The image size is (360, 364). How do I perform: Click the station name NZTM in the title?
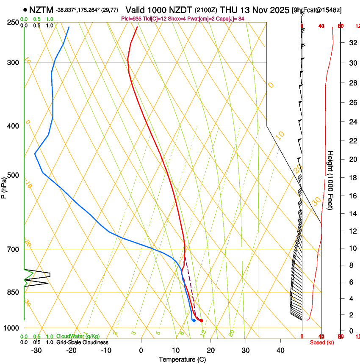[x=41, y=10]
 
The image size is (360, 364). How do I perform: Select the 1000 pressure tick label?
[x=11, y=328]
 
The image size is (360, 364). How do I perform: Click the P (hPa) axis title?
[x=4, y=187]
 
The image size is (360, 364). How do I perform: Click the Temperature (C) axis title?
[x=182, y=359]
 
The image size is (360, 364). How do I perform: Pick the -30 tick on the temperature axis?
[x=36, y=350]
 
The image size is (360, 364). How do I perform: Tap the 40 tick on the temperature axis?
[x=280, y=350]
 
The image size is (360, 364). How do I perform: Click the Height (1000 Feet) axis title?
[x=331, y=180]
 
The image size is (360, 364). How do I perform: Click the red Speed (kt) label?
[x=321, y=342]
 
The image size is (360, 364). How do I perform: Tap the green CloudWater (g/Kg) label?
[x=78, y=336]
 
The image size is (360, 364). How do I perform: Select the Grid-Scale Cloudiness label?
[x=82, y=342]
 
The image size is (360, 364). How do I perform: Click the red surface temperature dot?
[x=201, y=320]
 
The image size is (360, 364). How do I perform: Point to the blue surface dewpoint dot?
[x=194, y=320]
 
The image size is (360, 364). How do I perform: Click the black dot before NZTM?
[x=25, y=10]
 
